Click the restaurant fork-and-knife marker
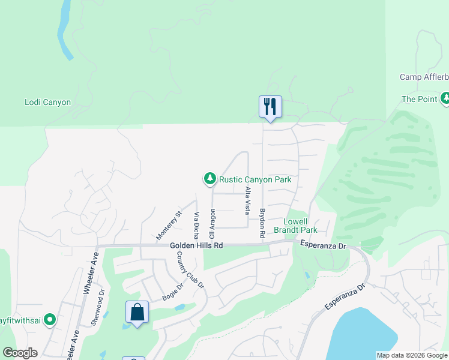point(270,107)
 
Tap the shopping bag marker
point(137,312)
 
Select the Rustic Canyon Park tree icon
point(209,178)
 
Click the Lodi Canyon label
point(47,102)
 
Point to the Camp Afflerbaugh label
point(424,77)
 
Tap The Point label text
point(419,99)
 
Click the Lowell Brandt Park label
point(300,226)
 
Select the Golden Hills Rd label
point(196,245)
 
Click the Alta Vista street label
point(247,200)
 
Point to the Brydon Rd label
point(262,223)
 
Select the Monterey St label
point(169,226)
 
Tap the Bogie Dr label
point(172,294)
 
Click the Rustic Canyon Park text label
point(255,179)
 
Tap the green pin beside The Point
point(445,98)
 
